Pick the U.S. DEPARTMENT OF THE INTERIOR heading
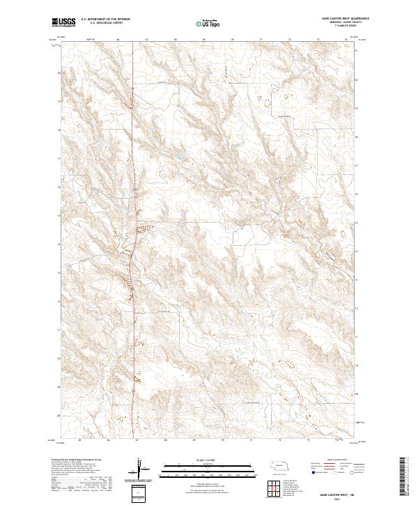coord(104,19)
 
